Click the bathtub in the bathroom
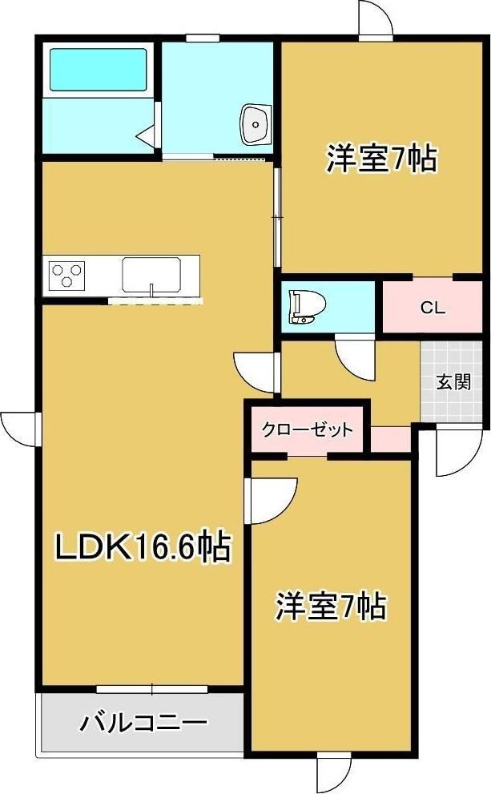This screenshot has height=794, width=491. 99,69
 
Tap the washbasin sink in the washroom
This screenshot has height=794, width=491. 256,124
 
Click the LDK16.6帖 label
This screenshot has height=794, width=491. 143,548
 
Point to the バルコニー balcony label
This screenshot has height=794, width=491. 143,723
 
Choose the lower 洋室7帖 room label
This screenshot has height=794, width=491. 332,606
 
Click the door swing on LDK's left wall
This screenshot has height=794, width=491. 19,426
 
